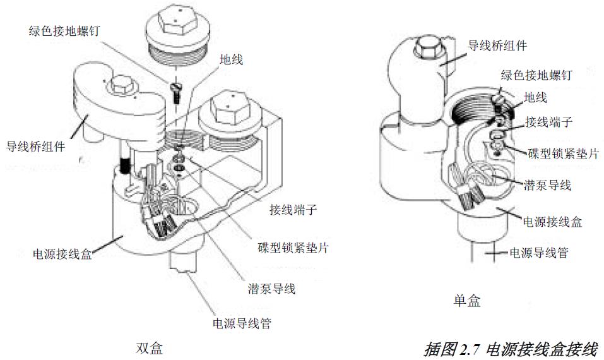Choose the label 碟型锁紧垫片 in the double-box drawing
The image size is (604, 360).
pos(293,248)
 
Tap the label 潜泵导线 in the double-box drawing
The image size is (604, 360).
pos(271,289)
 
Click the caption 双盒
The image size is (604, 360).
pos(149,348)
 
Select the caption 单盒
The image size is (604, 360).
pos(467,301)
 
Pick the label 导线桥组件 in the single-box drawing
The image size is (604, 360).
pos(497,45)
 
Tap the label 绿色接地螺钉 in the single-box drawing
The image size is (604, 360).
pos(536,76)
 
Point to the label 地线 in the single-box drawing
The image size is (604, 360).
pos(536,97)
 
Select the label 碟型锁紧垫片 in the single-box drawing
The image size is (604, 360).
pos(562,153)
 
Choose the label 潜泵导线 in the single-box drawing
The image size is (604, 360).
pos(547,185)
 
